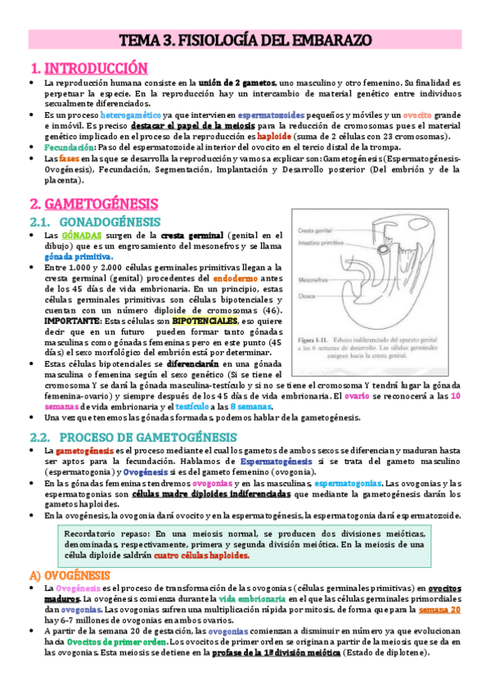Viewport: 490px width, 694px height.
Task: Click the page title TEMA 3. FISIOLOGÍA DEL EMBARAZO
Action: coord(245,38)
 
